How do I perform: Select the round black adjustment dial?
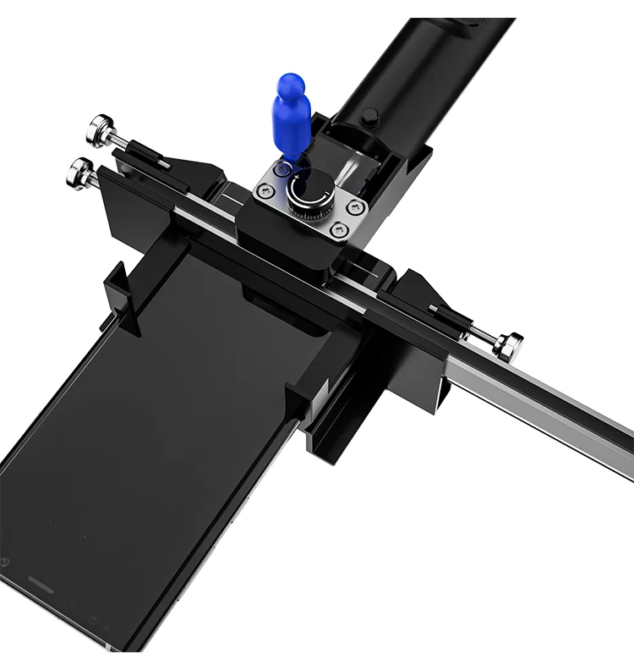[309, 194]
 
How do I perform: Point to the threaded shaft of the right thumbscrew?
[478, 330]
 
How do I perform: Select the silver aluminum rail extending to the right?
[549, 406]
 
